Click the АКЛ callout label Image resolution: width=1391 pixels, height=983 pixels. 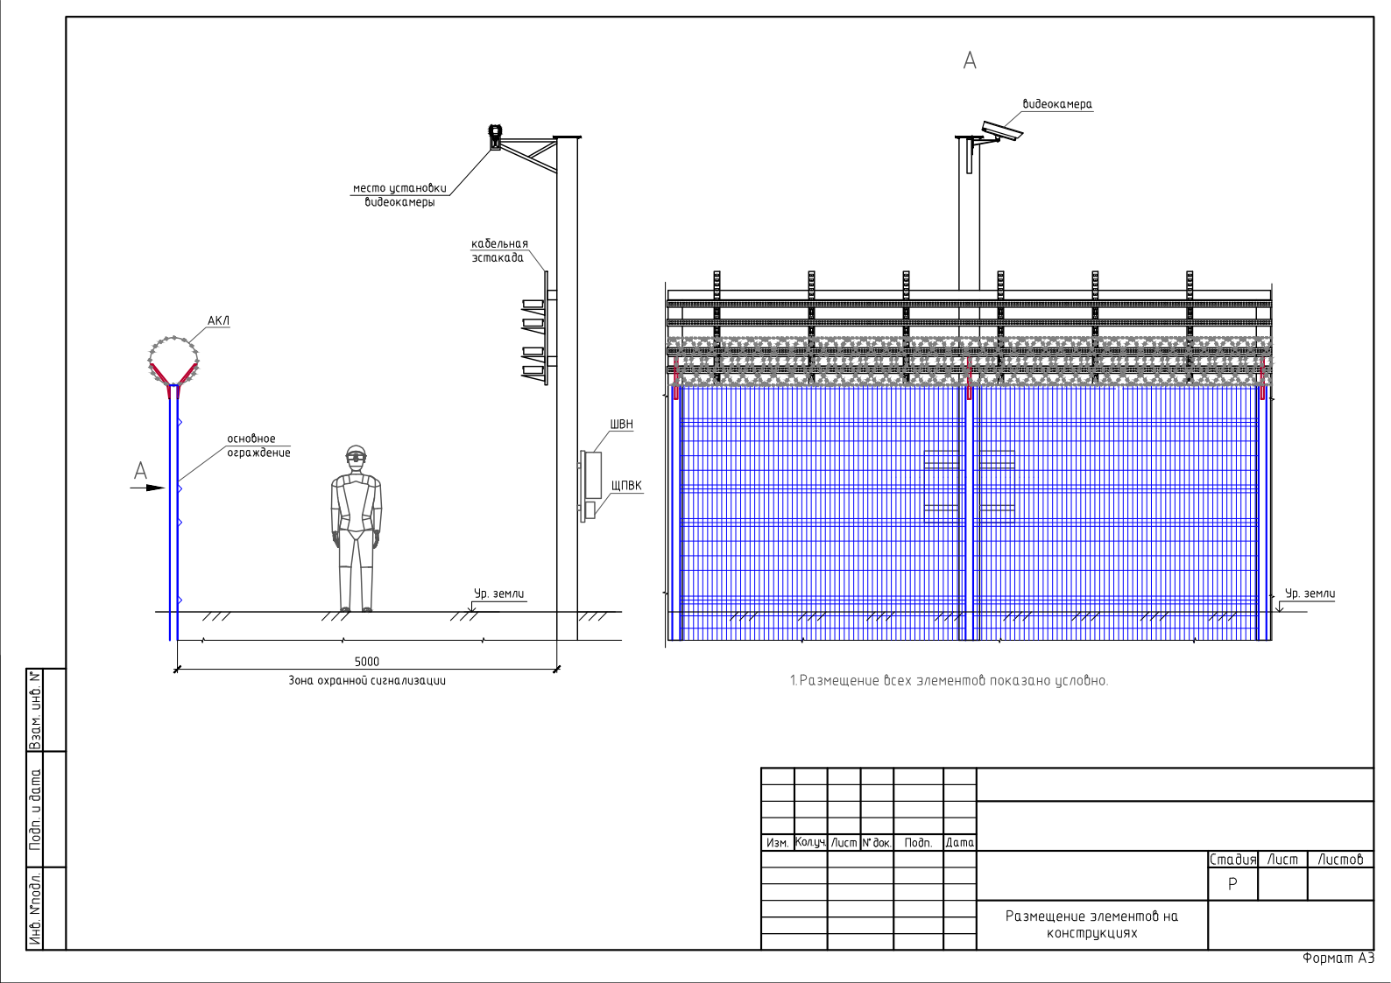[x=218, y=320]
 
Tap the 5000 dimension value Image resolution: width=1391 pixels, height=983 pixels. [x=366, y=662]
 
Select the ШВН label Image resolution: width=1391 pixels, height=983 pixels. [x=622, y=424]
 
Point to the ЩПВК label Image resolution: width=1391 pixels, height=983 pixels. [x=626, y=485]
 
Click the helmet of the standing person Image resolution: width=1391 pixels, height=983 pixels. [x=356, y=452]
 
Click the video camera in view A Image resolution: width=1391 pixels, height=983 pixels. [x=1001, y=131]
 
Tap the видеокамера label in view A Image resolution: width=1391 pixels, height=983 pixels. [x=1057, y=104]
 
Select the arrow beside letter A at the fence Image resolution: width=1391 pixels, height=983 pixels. [x=148, y=488]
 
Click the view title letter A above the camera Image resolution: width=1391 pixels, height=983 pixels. [x=970, y=60]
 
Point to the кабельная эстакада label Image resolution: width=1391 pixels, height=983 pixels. [x=499, y=250]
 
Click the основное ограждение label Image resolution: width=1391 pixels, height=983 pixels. [x=258, y=446]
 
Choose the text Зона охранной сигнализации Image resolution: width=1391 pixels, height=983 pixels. [x=367, y=680]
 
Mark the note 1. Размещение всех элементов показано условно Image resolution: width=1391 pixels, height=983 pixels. [x=949, y=680]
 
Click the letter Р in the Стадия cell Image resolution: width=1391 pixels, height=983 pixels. [x=1232, y=884]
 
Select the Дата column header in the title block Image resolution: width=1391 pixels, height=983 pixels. [x=959, y=843]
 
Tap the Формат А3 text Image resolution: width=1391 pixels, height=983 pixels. [x=1338, y=958]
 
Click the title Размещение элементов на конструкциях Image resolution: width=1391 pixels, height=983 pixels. [x=1091, y=924]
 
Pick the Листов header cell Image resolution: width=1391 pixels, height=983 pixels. [x=1340, y=860]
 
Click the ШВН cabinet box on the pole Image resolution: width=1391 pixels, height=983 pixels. [x=594, y=474]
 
